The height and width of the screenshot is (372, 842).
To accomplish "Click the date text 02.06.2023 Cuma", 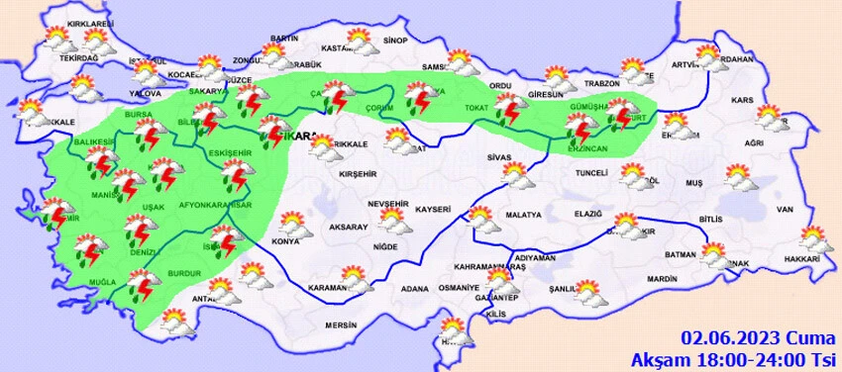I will click(x=755, y=337).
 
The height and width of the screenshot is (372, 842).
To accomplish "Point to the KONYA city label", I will click(x=285, y=241).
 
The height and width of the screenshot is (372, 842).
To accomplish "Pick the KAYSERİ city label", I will click(x=433, y=210).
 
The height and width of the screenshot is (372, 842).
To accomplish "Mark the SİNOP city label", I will click(x=395, y=41).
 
